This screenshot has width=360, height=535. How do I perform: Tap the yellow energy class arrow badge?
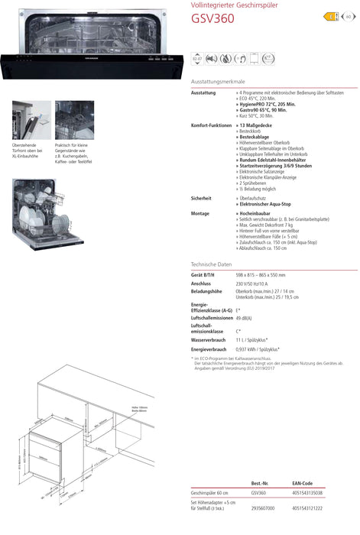click(331, 16)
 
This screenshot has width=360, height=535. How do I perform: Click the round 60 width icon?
click(348, 16)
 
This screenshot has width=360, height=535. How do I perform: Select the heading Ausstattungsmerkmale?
click(218, 81)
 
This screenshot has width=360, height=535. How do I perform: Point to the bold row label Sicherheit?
click(201, 198)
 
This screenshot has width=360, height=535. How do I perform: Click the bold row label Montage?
click(199, 213)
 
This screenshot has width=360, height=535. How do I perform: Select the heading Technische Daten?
click(210, 264)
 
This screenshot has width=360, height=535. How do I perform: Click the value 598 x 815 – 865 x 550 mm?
click(260, 274)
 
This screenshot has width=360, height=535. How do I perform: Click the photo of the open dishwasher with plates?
click(34, 209)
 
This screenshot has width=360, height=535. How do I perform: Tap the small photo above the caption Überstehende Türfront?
click(31, 120)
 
